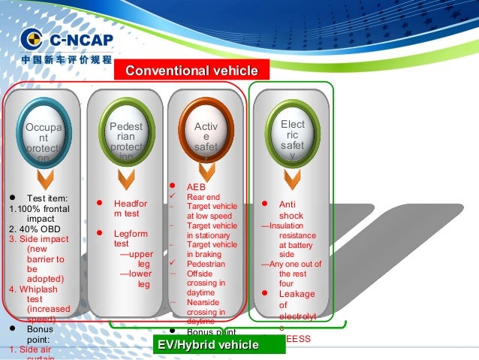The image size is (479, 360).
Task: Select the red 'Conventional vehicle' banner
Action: point(191,71)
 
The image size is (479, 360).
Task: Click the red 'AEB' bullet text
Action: point(196,186)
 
